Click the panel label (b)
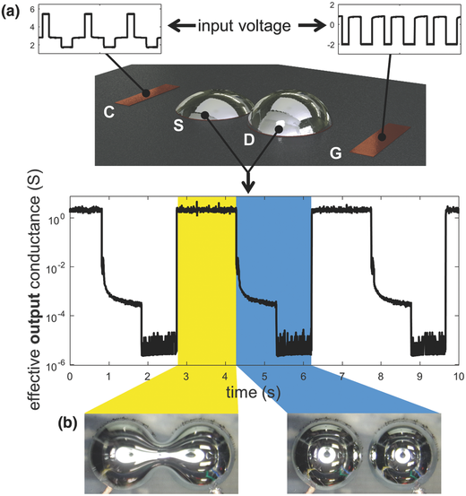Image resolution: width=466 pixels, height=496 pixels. [x=67, y=424]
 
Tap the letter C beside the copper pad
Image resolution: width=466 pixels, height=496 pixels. [x=109, y=111]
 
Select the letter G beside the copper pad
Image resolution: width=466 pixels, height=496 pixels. [x=336, y=153]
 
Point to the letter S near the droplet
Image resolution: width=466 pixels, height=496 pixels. [x=178, y=125]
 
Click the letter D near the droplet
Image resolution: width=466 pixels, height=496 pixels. [x=249, y=139]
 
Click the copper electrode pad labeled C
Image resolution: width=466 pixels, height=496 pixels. [x=147, y=94]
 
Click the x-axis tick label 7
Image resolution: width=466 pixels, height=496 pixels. [x=341, y=377]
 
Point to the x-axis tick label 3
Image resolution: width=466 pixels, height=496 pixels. [x=186, y=377]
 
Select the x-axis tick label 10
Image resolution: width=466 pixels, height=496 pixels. [x=459, y=377]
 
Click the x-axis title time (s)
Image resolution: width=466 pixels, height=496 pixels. [x=254, y=393]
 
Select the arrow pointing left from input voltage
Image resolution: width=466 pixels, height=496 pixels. [x=182, y=26]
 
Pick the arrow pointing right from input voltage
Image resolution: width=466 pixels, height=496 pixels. [x=312, y=26]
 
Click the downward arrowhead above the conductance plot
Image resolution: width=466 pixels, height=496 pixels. [x=249, y=187]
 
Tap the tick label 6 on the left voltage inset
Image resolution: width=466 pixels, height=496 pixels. [x=32, y=10]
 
